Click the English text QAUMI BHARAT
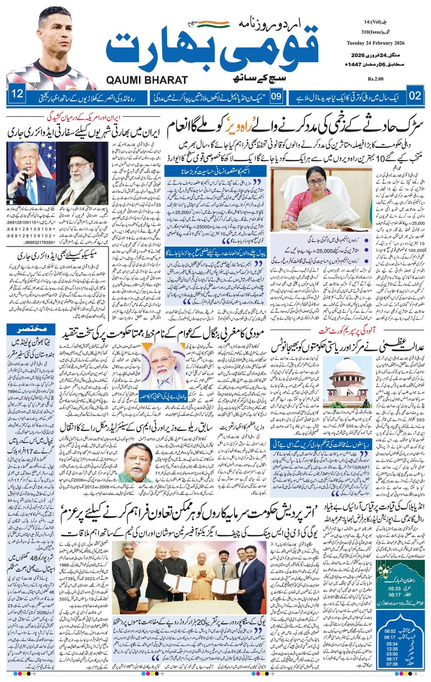tap(147, 80)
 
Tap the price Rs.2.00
tap(376, 79)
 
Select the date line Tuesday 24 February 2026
tap(381, 43)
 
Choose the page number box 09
tap(277, 96)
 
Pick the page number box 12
tap(18, 94)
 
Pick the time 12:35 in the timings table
tap(391, 649)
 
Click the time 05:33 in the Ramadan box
tap(394, 588)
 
